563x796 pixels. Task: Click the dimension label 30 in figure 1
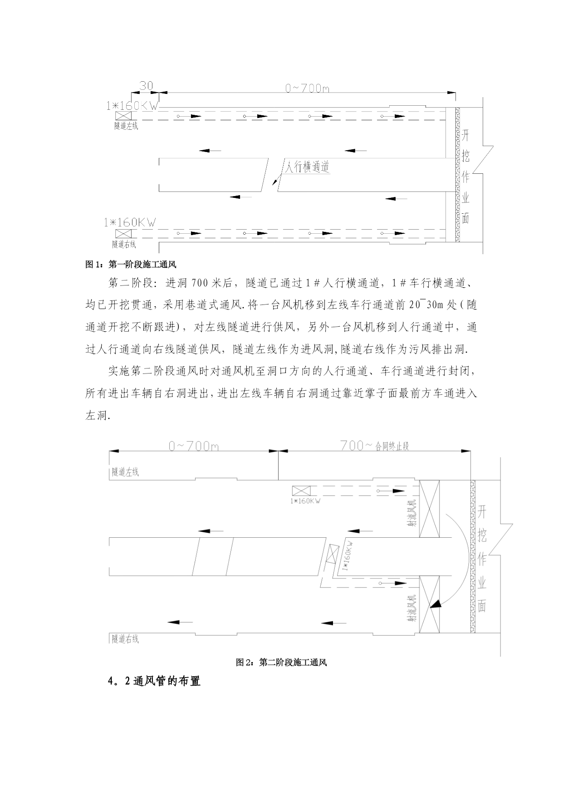pos(146,86)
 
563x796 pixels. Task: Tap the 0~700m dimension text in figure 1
pos(307,88)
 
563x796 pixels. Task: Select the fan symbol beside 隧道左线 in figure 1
pos(123,116)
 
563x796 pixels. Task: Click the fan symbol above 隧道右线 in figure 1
pos(123,234)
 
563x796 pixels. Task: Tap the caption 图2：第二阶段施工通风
pos(281,663)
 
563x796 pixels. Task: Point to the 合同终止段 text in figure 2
pos(392,446)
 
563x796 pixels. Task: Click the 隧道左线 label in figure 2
pos(125,472)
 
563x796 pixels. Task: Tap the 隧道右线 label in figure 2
pos(125,639)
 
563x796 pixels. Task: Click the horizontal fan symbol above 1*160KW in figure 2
pos(301,491)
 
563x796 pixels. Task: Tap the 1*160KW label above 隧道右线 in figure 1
pos(130,222)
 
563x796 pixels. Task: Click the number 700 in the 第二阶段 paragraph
pos(200,283)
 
